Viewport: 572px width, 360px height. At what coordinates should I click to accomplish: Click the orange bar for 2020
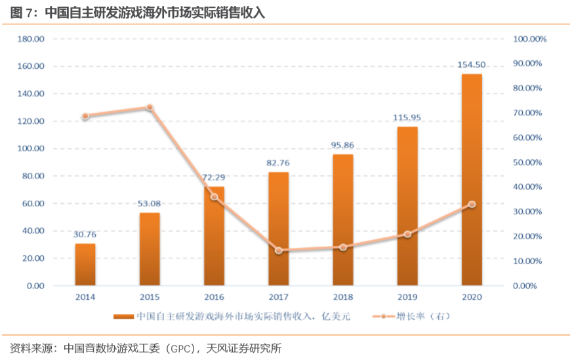point(472,180)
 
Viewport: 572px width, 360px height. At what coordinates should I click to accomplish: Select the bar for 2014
point(85,265)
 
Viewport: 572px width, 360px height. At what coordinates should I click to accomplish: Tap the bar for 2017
point(278,229)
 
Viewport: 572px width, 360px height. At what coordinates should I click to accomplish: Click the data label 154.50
point(472,65)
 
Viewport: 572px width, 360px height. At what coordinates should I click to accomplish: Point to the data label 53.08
point(150,203)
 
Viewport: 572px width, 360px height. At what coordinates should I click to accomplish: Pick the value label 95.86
point(342,145)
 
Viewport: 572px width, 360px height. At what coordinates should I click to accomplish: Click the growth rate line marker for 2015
point(150,108)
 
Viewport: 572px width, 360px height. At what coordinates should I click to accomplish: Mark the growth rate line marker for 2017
point(278,250)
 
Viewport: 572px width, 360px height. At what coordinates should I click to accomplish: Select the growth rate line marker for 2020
point(472,205)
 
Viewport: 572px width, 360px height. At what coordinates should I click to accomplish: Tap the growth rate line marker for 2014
point(85,117)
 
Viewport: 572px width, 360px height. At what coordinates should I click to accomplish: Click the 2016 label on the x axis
point(214,297)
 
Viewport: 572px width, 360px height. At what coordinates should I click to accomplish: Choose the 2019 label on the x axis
point(407,297)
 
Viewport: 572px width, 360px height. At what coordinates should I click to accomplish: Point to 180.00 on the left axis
point(31,39)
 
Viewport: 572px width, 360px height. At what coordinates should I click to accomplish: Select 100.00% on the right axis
point(530,39)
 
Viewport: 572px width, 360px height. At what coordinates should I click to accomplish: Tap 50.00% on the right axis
point(528,163)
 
